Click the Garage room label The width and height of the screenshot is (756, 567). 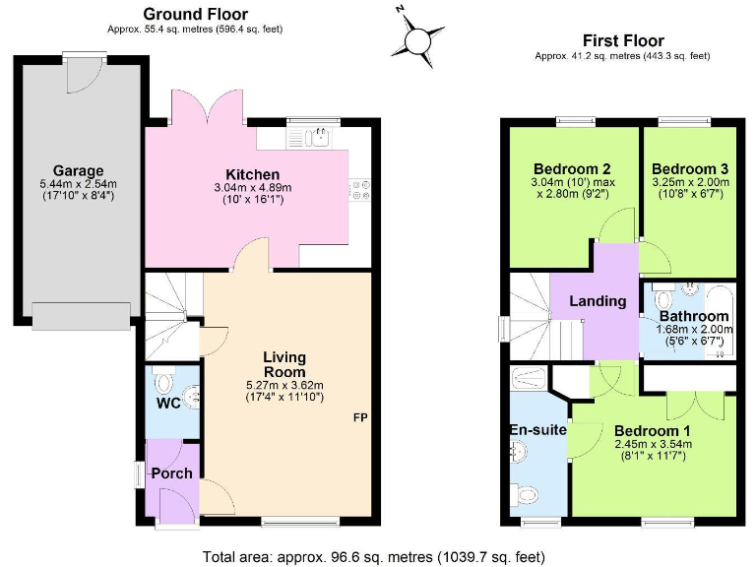click(x=79, y=170)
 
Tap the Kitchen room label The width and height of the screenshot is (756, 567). click(x=253, y=174)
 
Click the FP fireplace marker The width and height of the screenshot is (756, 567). click(x=361, y=417)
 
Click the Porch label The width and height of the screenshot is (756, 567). click(x=171, y=473)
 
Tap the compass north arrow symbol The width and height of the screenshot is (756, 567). click(x=416, y=38)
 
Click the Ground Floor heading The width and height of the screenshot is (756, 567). click(x=195, y=14)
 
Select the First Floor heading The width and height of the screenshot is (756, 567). click(x=622, y=40)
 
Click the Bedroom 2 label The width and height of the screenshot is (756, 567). click(x=572, y=166)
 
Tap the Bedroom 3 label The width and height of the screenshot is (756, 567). click(x=690, y=166)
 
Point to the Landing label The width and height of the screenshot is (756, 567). click(x=598, y=301)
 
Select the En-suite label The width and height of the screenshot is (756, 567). click(x=536, y=429)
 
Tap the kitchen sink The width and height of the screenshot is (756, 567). click(x=318, y=138)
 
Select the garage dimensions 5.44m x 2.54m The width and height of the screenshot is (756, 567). click(x=79, y=184)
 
